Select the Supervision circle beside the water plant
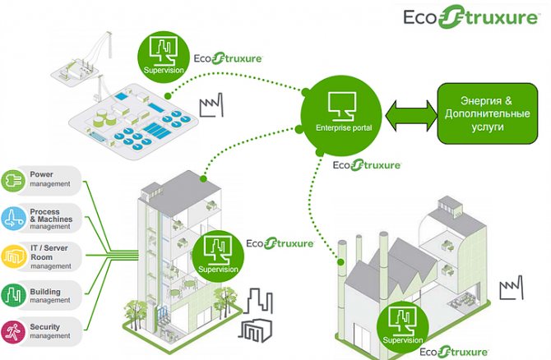pos(165,52)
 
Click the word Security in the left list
pos(44,327)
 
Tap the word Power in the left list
pos(41,175)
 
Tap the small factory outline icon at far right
pos(512,288)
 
